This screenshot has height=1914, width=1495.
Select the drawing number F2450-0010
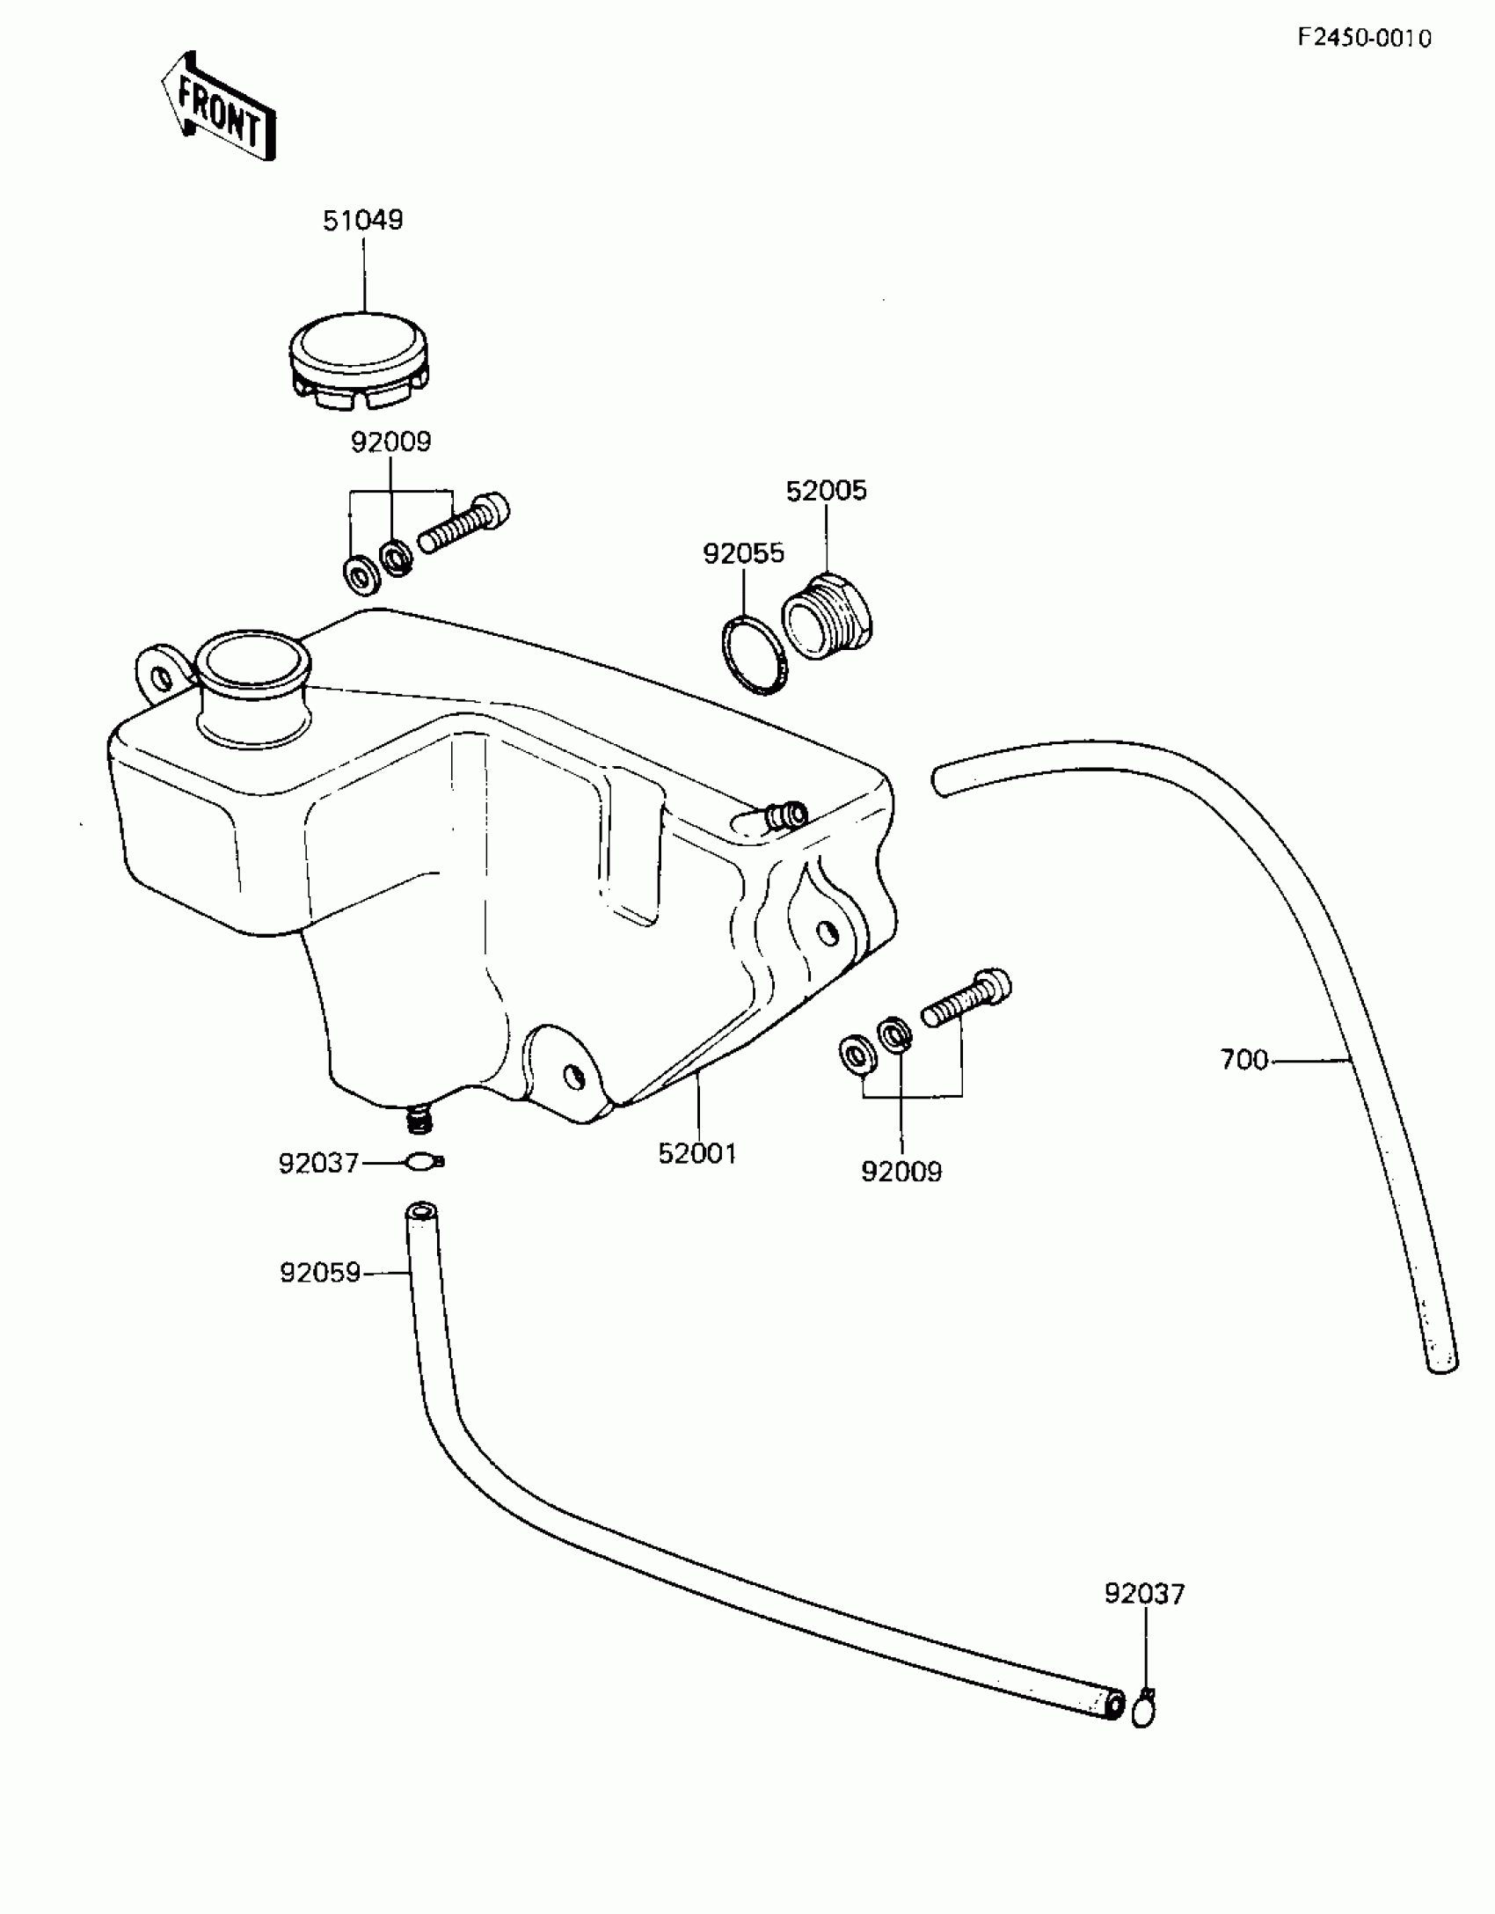point(1364,39)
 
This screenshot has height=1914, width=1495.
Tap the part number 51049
point(362,220)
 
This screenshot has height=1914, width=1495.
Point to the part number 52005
point(826,490)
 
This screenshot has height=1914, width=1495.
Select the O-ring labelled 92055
point(755,654)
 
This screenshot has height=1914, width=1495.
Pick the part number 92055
point(743,553)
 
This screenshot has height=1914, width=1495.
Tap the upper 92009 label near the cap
point(390,442)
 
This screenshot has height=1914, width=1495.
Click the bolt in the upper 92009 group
point(465,524)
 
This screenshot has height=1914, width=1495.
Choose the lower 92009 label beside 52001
point(901,1172)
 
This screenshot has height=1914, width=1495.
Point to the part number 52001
point(697,1153)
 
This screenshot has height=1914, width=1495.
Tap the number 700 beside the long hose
point(1243,1060)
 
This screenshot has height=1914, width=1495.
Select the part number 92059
point(320,1273)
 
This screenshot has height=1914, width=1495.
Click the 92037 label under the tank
point(318,1164)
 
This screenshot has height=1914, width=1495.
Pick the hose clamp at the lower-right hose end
point(1143,1709)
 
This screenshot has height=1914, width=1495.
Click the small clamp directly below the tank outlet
point(423,1163)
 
